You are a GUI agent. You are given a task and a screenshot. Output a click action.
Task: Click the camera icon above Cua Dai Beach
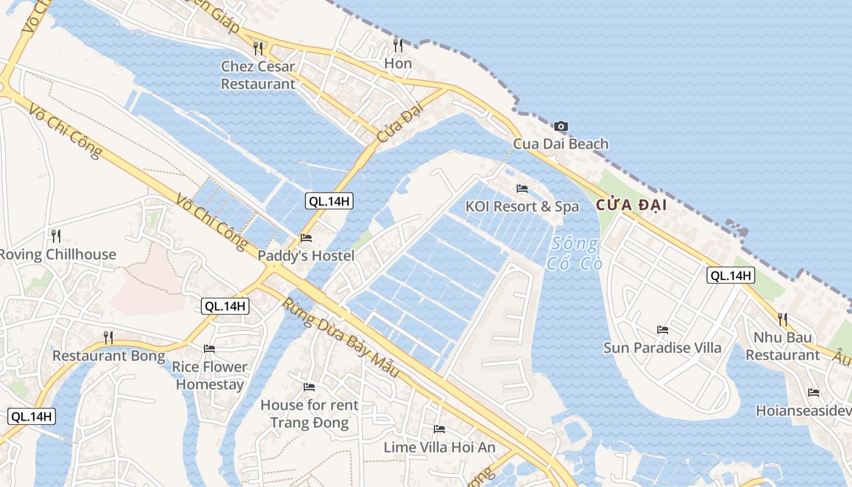click(561, 127)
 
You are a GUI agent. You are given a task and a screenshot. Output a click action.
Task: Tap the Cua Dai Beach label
click(560, 144)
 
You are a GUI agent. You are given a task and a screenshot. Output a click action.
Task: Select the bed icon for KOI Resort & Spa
click(522, 189)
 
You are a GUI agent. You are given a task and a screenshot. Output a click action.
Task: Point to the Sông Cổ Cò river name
click(574, 254)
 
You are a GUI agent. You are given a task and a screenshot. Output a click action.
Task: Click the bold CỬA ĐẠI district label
click(631, 205)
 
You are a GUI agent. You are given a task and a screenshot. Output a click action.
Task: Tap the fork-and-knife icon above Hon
click(398, 45)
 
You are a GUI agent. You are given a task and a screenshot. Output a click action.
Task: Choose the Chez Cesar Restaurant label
click(258, 75)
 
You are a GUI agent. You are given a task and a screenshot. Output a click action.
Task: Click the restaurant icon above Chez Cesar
click(258, 48)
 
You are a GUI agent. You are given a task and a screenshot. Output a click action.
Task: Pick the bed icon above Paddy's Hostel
click(306, 238)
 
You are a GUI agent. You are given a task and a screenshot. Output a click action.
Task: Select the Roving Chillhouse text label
click(57, 254)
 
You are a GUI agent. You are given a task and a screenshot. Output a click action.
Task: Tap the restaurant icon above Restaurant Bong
click(108, 337)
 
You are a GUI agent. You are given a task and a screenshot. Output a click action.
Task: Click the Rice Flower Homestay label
click(209, 376)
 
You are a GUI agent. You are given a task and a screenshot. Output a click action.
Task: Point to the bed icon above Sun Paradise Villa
click(663, 330)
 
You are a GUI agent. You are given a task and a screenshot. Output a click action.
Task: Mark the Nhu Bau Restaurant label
click(783, 346)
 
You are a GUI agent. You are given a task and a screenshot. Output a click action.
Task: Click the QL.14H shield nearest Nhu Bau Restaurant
click(731, 275)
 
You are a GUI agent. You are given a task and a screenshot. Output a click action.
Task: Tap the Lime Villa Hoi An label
click(439, 447)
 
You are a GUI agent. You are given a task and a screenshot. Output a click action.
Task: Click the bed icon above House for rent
click(309, 387)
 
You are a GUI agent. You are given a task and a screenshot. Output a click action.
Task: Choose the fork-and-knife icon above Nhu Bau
click(783, 319)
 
